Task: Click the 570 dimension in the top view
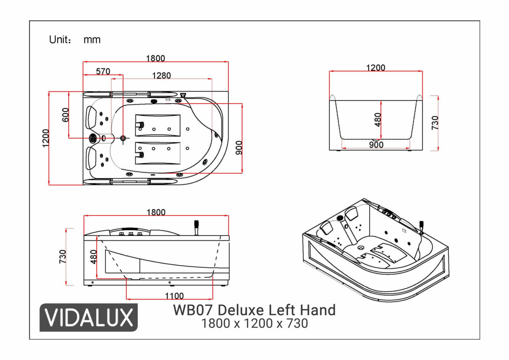pyautogui.click(x=103, y=72)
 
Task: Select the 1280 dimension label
pyautogui.click(x=162, y=76)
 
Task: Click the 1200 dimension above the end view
pyautogui.click(x=375, y=67)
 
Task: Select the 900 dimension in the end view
pyautogui.click(x=376, y=145)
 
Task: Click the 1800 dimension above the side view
pyautogui.click(x=156, y=212)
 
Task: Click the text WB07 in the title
pyautogui.click(x=193, y=309)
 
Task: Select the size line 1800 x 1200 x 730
pyautogui.click(x=254, y=323)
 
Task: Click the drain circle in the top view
pyautogui.click(x=123, y=138)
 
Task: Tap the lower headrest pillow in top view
pyautogui.click(x=91, y=158)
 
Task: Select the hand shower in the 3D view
pyautogui.click(x=422, y=227)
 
